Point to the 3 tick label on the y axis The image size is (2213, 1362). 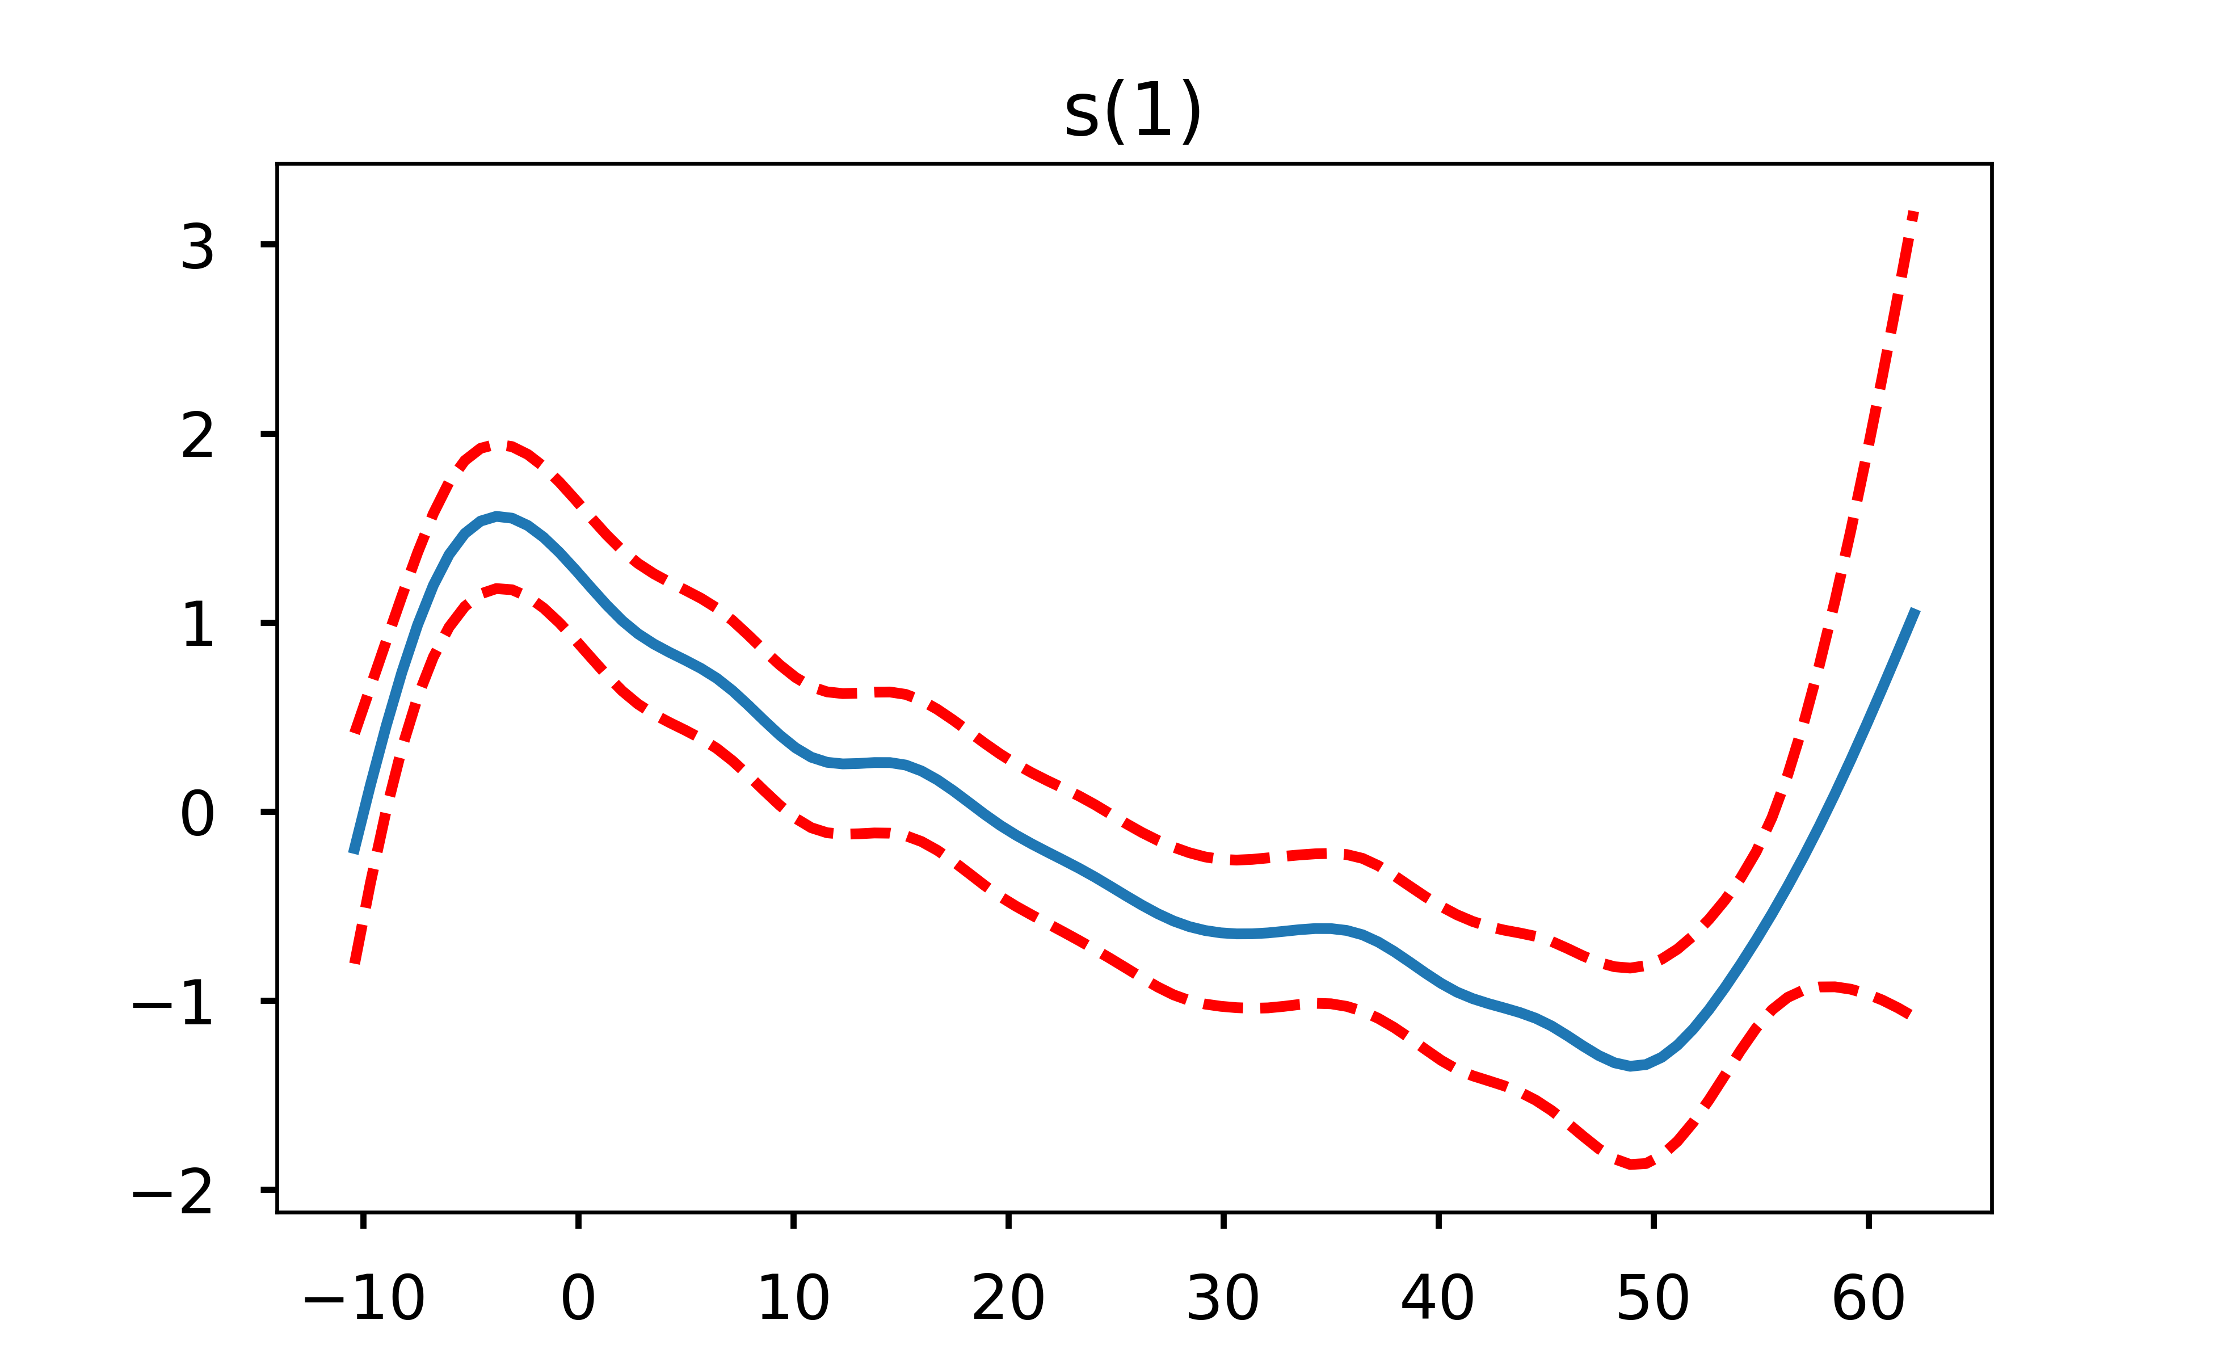point(197,246)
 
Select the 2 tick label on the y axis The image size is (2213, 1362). point(197,436)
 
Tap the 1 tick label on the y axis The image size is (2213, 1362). point(197,624)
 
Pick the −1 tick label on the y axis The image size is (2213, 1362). point(173,1003)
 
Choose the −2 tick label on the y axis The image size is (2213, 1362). point(173,1192)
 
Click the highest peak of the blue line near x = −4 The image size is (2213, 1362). point(497,516)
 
